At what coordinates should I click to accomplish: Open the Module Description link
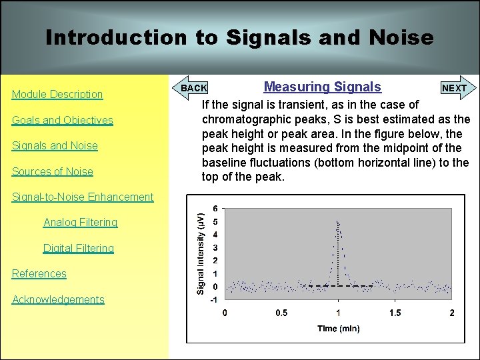[57, 95]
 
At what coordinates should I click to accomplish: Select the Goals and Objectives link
[63, 121]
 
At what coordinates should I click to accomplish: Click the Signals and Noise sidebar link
[55, 146]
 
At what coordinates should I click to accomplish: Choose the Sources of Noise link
[53, 172]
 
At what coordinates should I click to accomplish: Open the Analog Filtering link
[80, 223]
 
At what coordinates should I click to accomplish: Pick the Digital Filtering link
[79, 249]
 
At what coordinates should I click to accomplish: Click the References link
[39, 274]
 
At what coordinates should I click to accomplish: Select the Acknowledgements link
[58, 300]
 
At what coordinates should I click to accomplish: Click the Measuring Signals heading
[323, 87]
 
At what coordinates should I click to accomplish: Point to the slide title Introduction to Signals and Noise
[239, 37]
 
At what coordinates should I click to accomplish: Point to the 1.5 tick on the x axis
[395, 313]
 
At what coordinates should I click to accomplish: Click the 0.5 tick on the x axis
[281, 313]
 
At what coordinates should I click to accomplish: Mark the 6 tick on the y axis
[215, 208]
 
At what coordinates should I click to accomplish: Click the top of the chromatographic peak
[338, 221]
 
